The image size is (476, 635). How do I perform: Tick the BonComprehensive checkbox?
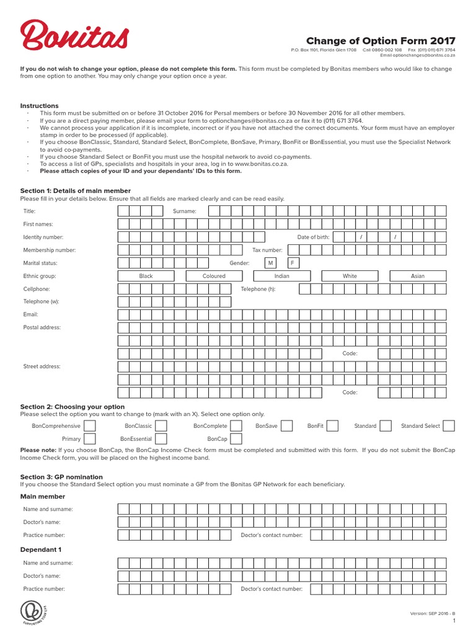coord(90,426)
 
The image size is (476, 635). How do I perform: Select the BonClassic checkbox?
coord(161,426)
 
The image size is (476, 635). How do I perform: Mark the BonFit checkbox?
coord(332,426)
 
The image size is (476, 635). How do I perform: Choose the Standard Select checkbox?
coord(449,426)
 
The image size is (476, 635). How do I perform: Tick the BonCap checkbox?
coord(236,439)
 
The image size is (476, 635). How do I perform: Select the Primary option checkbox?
coord(90,439)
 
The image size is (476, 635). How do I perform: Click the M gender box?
coord(270,263)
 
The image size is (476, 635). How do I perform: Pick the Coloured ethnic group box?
coord(214,276)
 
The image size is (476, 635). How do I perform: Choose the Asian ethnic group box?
coord(418,276)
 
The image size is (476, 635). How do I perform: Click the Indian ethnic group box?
coord(281,276)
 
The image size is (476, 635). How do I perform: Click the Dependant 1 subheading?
coord(42,550)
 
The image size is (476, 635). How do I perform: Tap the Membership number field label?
coord(50,251)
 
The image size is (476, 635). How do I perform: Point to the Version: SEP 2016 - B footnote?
coord(433,613)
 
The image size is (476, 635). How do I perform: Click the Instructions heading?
coord(40,106)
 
